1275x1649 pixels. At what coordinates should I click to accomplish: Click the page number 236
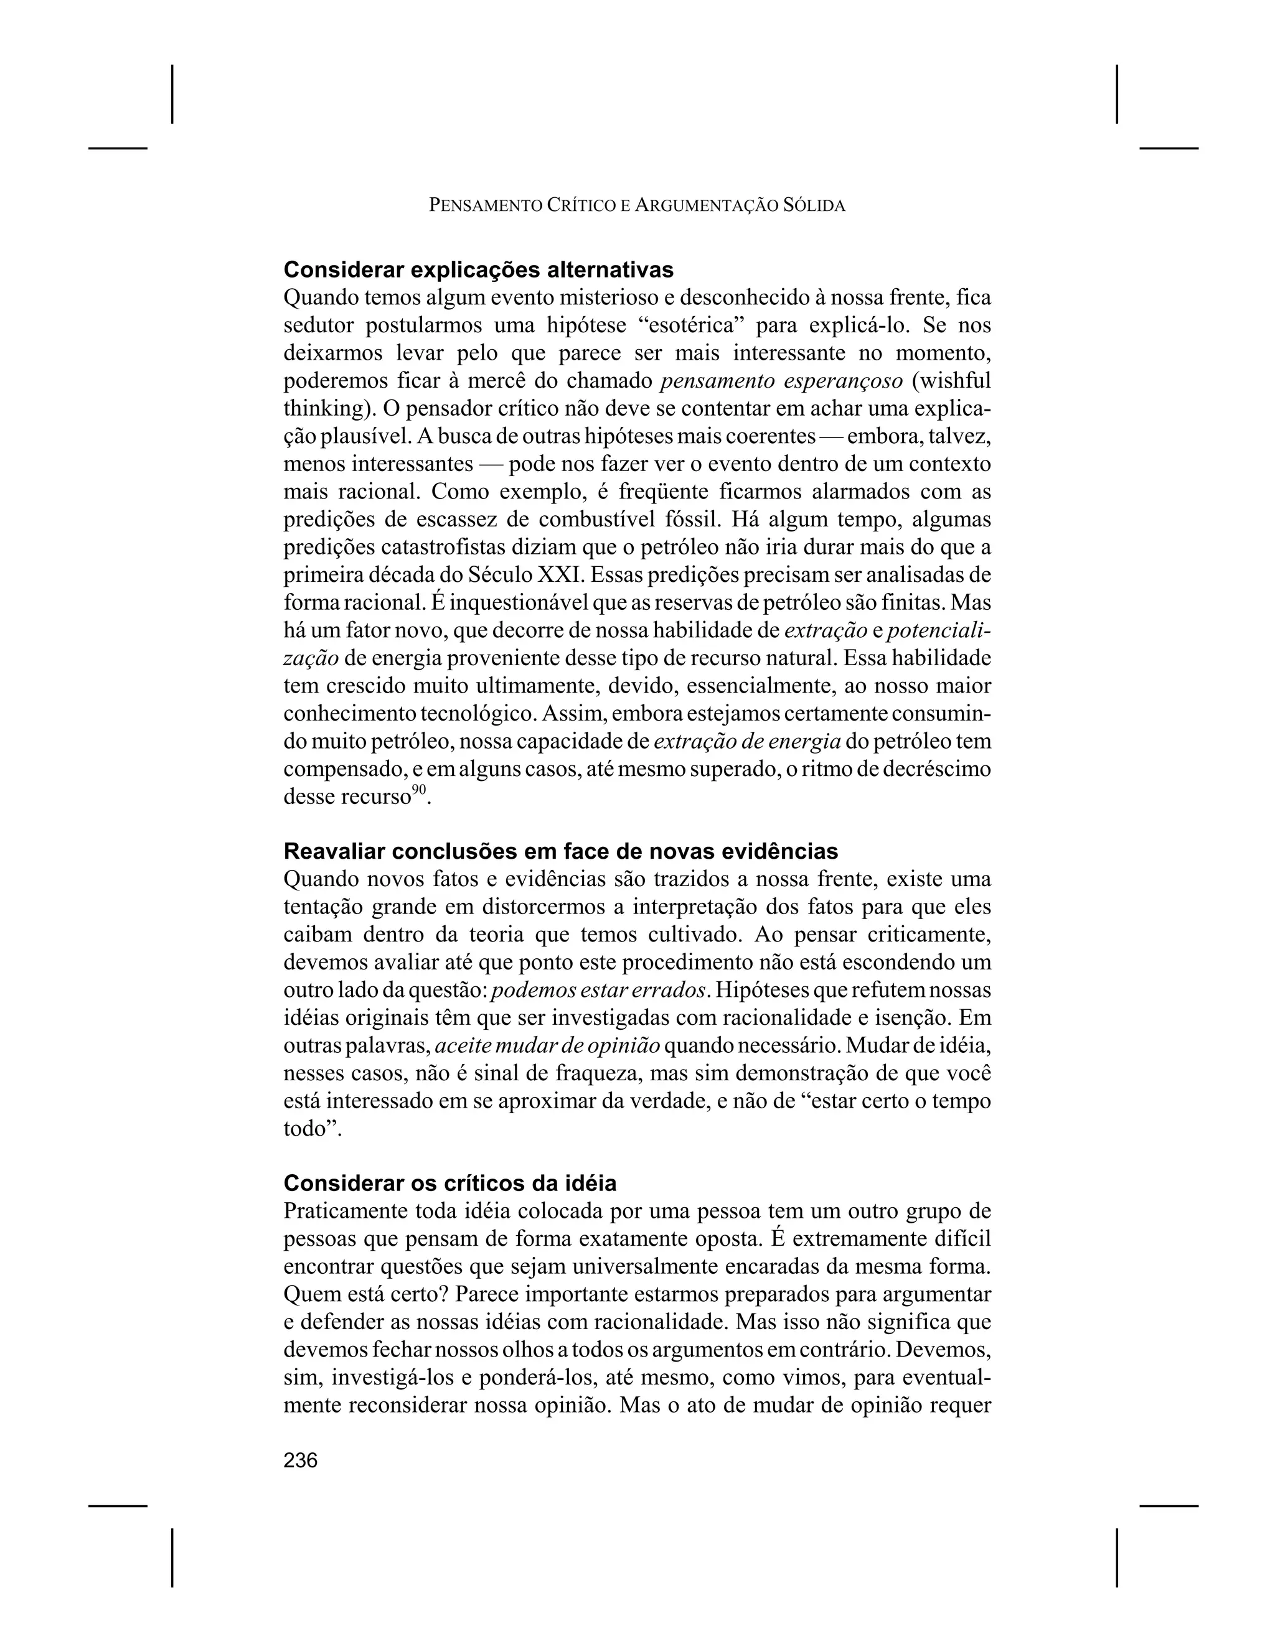point(301,1460)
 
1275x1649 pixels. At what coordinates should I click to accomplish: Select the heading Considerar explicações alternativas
point(478,269)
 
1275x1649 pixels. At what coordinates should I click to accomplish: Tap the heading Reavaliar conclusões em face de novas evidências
point(560,851)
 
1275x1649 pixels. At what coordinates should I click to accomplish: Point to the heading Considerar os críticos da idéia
point(449,1182)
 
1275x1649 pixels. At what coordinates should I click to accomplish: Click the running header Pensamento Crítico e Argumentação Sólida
point(637,205)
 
